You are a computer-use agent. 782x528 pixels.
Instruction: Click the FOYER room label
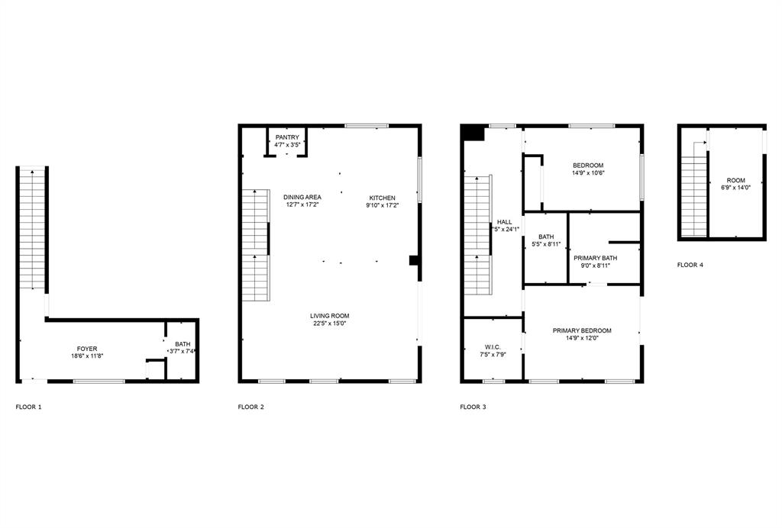coord(86,349)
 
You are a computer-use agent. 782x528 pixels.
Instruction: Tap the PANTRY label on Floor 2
coord(287,137)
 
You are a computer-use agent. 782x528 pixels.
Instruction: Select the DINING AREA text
coord(302,197)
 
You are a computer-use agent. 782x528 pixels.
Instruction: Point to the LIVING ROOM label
coord(329,316)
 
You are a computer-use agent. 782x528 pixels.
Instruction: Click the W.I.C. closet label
coord(493,346)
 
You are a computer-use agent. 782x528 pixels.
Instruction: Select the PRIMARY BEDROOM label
coord(582,330)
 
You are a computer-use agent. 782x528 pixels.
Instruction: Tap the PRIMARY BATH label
coord(596,258)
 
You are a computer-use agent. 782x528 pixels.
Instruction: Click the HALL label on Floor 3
coord(504,222)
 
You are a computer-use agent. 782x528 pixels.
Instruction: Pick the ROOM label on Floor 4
coord(735,181)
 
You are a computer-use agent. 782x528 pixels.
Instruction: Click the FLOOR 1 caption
coord(29,407)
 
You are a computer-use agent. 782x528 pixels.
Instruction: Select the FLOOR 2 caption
coord(251,407)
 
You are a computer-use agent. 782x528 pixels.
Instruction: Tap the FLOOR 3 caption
coord(473,407)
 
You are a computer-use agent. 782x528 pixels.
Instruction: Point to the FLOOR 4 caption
coord(690,265)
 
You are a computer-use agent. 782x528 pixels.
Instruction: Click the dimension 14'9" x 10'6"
coord(588,173)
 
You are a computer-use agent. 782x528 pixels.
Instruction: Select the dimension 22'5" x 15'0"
coord(329,324)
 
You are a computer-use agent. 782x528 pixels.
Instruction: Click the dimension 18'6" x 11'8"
coord(86,356)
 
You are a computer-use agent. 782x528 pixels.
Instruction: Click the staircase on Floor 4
coord(693,191)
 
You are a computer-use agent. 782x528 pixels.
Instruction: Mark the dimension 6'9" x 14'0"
coord(735,188)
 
